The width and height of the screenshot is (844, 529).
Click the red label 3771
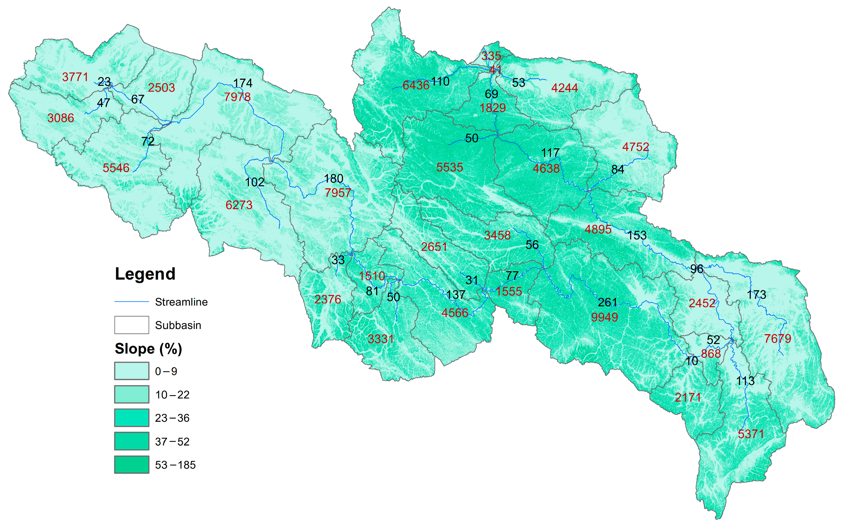[x=75, y=77]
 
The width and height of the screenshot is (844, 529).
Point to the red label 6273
[x=239, y=205]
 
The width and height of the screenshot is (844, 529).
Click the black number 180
[x=333, y=179]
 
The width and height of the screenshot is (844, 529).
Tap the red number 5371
[x=751, y=434]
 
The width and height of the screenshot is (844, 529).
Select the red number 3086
[x=61, y=118]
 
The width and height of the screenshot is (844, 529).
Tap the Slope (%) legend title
[x=148, y=349]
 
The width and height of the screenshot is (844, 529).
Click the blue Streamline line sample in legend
[x=132, y=302]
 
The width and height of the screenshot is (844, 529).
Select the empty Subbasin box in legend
[x=132, y=325]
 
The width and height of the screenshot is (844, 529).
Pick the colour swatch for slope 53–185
[x=132, y=465]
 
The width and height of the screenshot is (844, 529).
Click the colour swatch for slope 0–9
[x=132, y=371]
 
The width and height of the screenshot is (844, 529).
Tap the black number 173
[x=756, y=295]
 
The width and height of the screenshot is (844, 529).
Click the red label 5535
[x=450, y=167]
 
